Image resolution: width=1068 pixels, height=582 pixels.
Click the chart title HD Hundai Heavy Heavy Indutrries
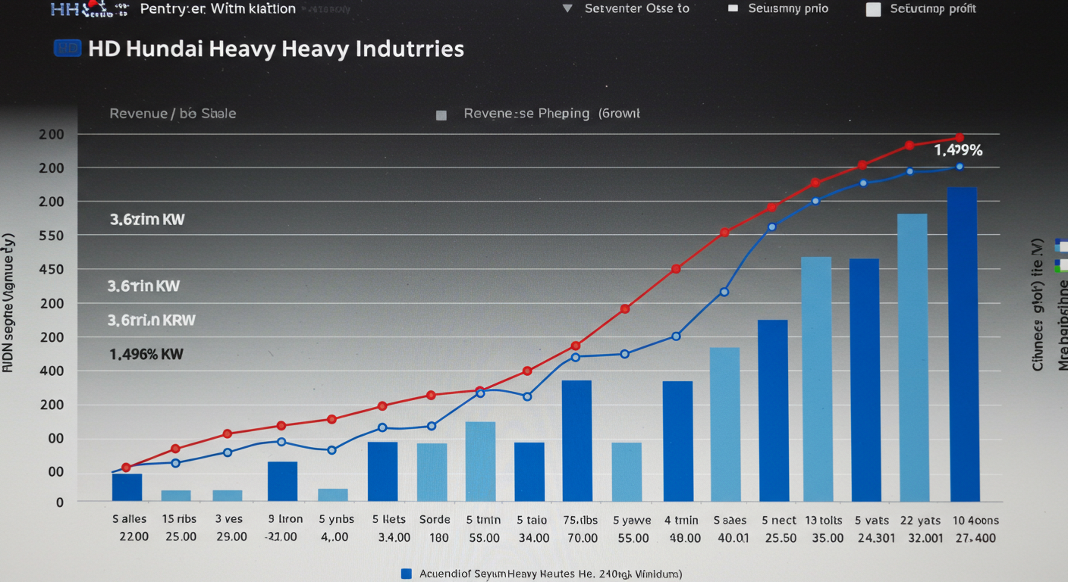click(x=275, y=49)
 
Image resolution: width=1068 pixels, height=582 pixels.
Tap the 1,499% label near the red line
click(x=958, y=150)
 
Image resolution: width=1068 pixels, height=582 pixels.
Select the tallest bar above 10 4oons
click(x=963, y=344)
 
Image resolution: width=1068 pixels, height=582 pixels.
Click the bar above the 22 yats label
click(x=912, y=358)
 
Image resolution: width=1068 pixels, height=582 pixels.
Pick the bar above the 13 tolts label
click(x=816, y=379)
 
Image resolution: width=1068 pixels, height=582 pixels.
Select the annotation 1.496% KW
click(x=146, y=354)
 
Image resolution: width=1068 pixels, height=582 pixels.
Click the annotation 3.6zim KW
click(x=147, y=220)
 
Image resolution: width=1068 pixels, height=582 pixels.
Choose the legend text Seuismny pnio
click(x=788, y=9)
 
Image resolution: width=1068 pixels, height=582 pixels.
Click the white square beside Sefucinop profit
click(x=874, y=9)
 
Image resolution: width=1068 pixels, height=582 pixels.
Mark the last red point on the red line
click(x=960, y=137)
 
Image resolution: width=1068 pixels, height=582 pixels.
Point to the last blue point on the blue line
click(x=959, y=167)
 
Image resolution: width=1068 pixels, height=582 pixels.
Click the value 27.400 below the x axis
click(x=975, y=537)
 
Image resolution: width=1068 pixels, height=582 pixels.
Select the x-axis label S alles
click(x=130, y=520)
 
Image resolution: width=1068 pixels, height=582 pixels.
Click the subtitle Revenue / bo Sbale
click(x=173, y=114)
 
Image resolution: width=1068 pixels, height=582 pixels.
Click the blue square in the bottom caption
click(x=406, y=574)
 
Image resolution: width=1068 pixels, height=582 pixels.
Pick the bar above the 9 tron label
click(x=282, y=481)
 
